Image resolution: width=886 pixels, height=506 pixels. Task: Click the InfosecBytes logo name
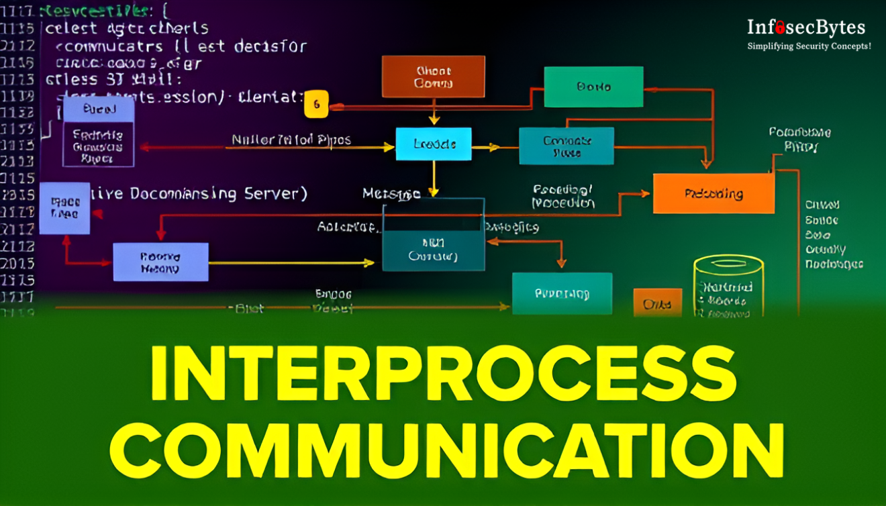[806, 28]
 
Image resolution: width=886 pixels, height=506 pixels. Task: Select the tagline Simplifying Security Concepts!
[809, 46]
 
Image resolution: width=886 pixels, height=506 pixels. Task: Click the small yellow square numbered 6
[316, 104]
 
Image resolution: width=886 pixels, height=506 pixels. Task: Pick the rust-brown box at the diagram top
[433, 77]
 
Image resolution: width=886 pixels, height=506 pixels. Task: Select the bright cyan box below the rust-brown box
[434, 144]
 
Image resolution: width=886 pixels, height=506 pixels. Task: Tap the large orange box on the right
[713, 193]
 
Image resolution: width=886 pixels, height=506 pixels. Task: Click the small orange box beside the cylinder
[657, 303]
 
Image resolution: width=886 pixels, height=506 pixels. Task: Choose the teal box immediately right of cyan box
[566, 146]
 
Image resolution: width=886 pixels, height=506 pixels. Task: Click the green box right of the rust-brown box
[593, 87]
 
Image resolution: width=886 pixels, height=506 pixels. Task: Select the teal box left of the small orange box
[562, 293]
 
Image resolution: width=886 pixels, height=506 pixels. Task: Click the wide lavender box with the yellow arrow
[160, 262]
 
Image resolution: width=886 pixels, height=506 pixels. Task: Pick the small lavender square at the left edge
[64, 208]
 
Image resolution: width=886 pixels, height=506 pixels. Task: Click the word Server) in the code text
[275, 194]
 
